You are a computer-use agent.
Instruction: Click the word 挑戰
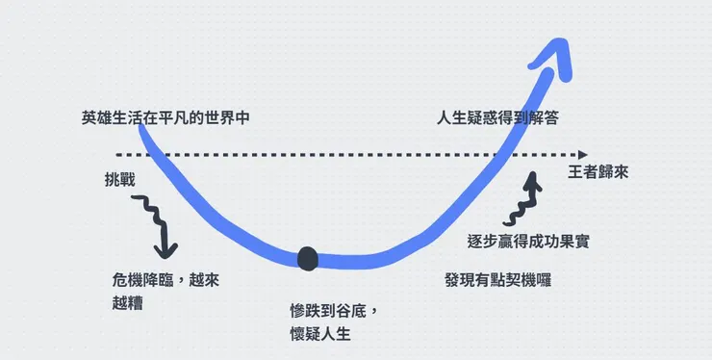(x=119, y=181)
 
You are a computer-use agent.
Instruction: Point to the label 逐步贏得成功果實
(x=527, y=241)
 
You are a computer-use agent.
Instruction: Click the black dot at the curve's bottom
(x=307, y=258)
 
